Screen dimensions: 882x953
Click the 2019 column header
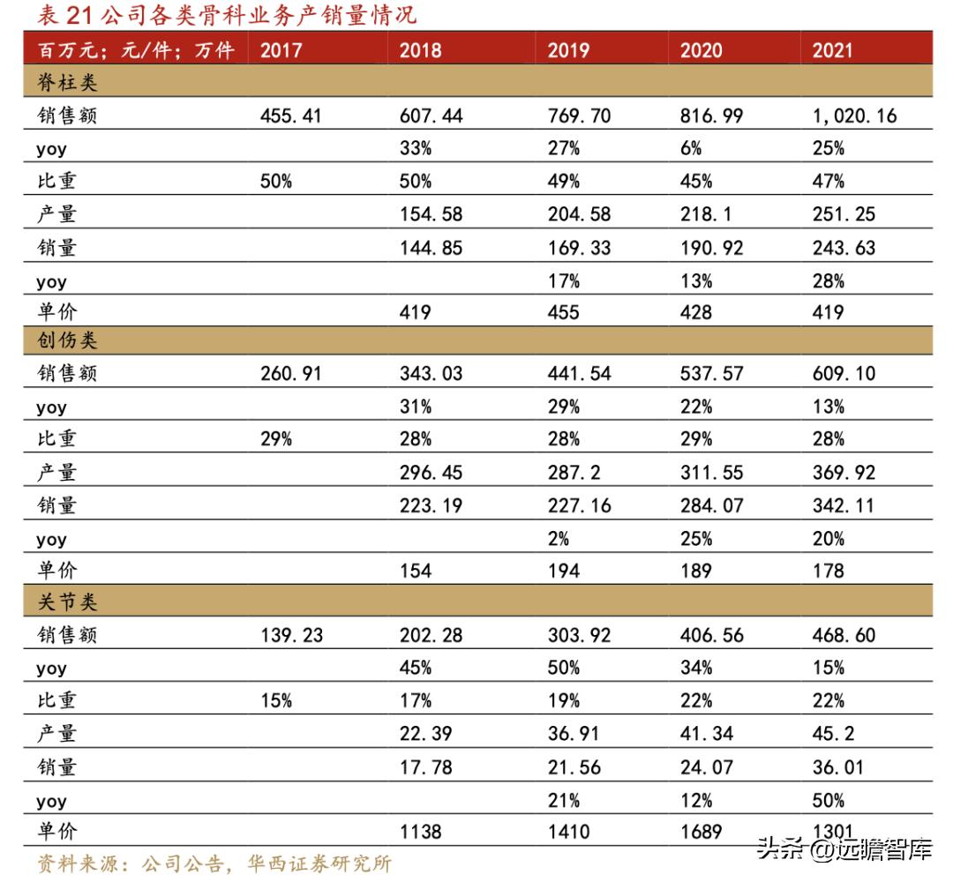[x=568, y=49]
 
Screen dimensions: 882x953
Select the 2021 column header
[x=833, y=49]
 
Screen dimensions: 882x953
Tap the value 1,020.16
[x=854, y=116]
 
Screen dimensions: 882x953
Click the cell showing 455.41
[x=291, y=116]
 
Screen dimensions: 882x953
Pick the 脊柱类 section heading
[x=67, y=84]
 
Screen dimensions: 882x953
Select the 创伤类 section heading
[x=67, y=340]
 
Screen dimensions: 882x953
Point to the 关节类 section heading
[x=67, y=602]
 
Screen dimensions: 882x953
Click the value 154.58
[x=431, y=214]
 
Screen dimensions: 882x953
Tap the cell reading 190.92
[x=711, y=248]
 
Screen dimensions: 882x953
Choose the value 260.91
[x=291, y=373]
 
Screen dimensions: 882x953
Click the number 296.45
[x=431, y=473]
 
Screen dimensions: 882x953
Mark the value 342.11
[x=844, y=505]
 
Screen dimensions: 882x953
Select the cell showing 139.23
[x=291, y=635]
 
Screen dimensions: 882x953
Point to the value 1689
[x=701, y=832]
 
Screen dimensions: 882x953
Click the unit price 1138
[x=420, y=832]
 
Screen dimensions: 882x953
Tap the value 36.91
[x=574, y=734]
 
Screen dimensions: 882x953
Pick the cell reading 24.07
[x=706, y=767]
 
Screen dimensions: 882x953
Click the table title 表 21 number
[x=67, y=15]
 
